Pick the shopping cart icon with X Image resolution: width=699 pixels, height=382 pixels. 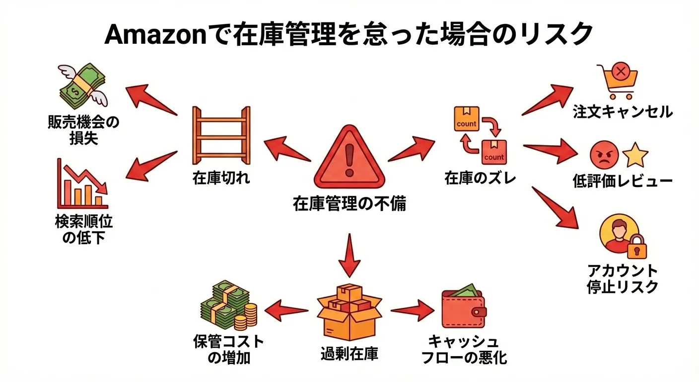pyautogui.click(x=617, y=81)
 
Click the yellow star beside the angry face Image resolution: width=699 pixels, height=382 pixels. pyautogui.click(x=635, y=155)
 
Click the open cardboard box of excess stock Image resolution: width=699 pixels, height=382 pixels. pyautogui.click(x=349, y=313)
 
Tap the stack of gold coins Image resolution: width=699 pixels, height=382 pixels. pyautogui.click(x=246, y=316)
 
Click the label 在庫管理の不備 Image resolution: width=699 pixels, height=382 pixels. pyautogui.click(x=349, y=203)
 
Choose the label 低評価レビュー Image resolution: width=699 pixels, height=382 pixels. pyautogui.click(x=623, y=181)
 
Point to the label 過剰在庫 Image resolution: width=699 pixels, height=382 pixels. pyautogui.click(x=349, y=354)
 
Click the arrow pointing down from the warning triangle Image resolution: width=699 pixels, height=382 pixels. pyautogui.click(x=350, y=255)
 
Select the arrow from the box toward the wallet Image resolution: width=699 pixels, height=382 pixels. pyautogui.click(x=412, y=310)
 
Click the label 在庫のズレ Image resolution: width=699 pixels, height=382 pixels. pyautogui.click(x=480, y=178)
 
